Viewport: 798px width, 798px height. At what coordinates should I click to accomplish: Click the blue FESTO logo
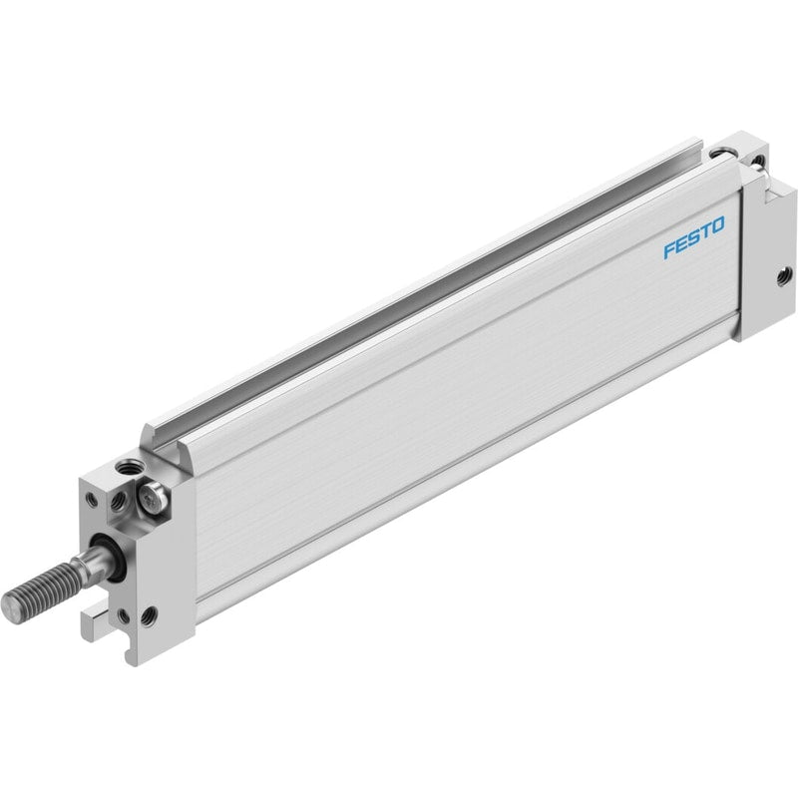tap(693, 237)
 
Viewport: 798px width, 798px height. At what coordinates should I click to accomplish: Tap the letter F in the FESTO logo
tap(669, 250)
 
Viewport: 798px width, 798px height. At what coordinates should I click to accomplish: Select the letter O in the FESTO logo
tap(717, 225)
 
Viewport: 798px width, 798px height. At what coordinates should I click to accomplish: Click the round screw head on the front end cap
tap(153, 497)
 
